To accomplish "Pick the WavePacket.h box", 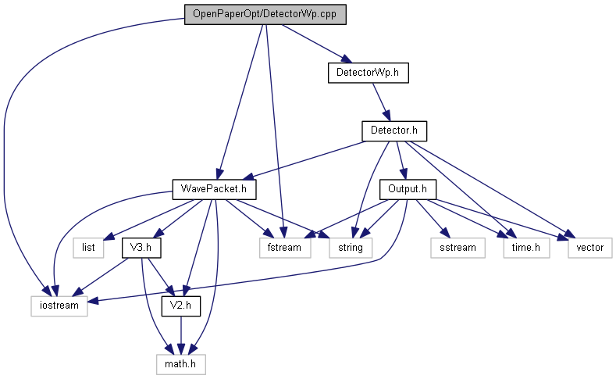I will click(215, 189).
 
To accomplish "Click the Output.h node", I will click(407, 189).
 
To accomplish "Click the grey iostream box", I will click(59, 305).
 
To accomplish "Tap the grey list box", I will click(87, 247).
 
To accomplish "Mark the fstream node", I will click(285, 247).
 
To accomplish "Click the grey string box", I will click(350, 247).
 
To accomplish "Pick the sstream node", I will click(457, 247).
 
